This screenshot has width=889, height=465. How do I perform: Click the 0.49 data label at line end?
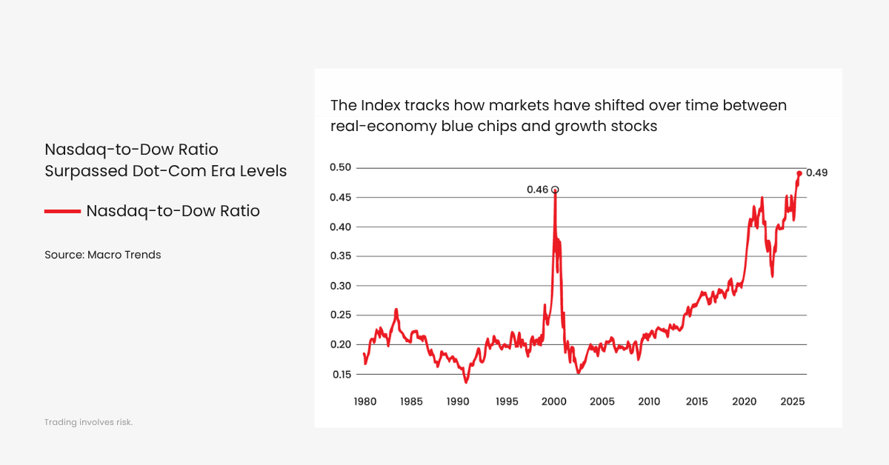point(816,173)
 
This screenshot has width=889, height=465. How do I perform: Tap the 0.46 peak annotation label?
point(537,190)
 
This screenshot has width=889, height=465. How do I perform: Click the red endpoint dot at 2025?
point(799,173)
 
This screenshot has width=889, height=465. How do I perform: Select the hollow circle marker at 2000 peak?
point(555,190)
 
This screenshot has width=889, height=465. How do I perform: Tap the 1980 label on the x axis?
point(364,401)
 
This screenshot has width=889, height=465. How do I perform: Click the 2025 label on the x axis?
point(792,401)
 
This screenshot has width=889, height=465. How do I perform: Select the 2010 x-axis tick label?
point(649,401)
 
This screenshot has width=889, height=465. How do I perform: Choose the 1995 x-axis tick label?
point(507,401)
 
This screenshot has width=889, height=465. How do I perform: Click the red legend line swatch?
point(62,211)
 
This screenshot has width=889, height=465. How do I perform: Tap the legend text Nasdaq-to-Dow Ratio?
point(173,211)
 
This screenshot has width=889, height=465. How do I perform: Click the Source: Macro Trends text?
point(102,255)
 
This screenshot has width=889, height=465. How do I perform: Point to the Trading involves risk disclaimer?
point(88,422)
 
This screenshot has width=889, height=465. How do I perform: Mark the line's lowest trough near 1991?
point(466,381)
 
